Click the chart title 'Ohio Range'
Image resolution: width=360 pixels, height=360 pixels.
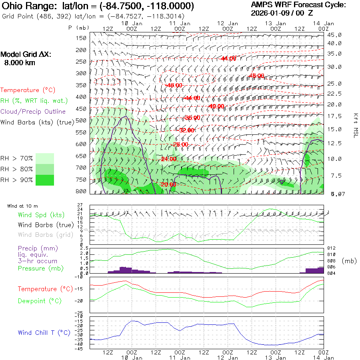(x=30, y=6)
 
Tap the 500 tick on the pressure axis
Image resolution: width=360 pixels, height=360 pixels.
(x=81, y=120)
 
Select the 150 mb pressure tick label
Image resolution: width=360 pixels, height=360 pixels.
(x=81, y=38)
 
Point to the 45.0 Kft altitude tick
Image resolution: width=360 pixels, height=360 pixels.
(x=334, y=35)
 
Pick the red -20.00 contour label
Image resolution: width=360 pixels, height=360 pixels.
(x=168, y=184)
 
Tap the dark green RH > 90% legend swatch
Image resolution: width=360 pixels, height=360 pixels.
(x=45, y=180)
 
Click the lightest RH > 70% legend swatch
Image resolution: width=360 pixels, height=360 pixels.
(x=45, y=158)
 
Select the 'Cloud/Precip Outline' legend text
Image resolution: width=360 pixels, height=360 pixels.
(x=33, y=111)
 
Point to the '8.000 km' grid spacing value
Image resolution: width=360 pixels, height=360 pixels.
(x=20, y=63)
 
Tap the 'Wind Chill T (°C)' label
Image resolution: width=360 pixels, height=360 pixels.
(x=44, y=332)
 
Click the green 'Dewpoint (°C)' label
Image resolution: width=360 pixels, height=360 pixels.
(x=40, y=301)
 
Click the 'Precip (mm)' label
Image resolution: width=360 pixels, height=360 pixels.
(x=35, y=248)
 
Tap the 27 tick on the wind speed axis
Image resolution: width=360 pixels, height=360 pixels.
(x=80, y=205)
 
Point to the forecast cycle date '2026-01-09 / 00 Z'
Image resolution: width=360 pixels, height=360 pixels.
(x=282, y=13)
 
